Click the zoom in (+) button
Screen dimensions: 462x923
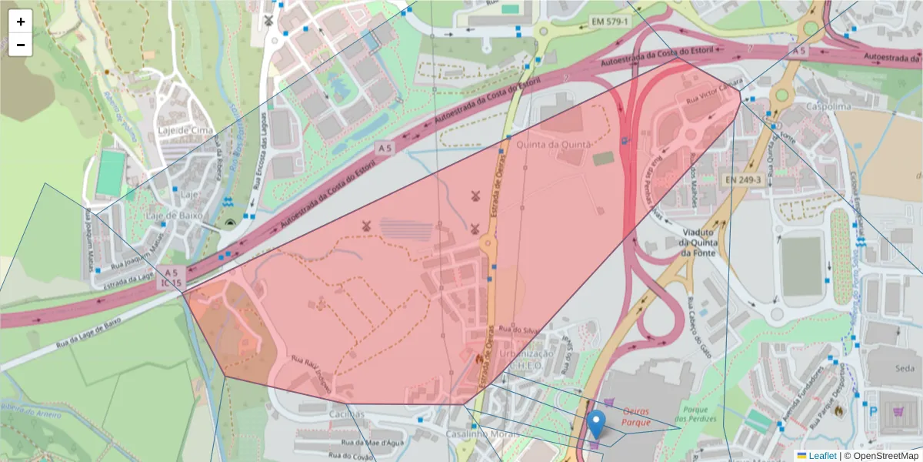[20, 22]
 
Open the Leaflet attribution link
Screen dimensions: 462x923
[821, 456]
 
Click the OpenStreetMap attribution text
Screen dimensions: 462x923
[881, 456]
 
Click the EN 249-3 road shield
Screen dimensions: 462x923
[743, 179]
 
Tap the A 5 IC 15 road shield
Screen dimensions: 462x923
[171, 278]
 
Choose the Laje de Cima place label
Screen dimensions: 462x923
[185, 130]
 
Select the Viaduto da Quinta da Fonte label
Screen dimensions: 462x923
[698, 242]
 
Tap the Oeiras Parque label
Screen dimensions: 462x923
[636, 417]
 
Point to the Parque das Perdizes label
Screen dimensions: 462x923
[699, 413]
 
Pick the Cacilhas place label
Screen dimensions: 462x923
[347, 414]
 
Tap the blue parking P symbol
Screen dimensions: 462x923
[873, 412]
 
